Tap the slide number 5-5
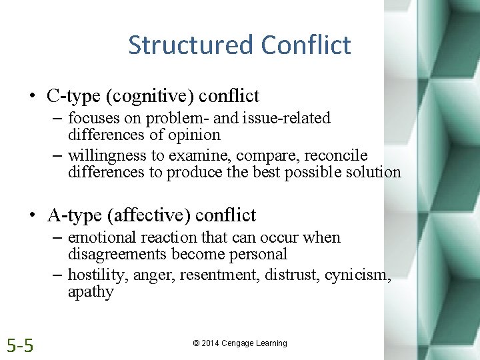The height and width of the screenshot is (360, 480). tap(21, 345)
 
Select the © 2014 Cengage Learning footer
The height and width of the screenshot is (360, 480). tap(240, 343)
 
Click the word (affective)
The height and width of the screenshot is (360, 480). tap(151, 215)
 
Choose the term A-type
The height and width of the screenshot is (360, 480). tap(72, 215)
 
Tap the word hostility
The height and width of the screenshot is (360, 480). tap(93, 275)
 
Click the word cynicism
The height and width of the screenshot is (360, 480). tap(355, 275)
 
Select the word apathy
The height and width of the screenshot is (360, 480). tap(91, 292)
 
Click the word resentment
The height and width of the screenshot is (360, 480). tap(222, 275)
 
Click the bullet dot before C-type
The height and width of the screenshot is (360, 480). tap(32, 96)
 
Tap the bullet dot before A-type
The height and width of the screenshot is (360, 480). tap(32, 216)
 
